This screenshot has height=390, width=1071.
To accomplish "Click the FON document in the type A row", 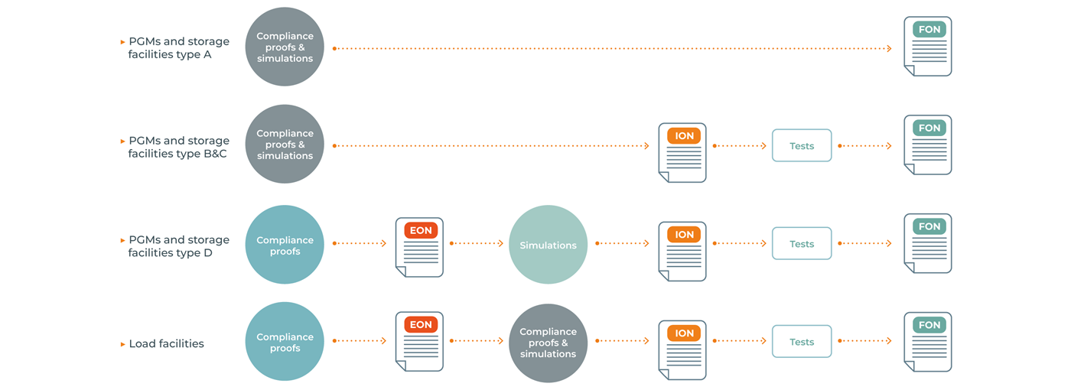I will (928, 47).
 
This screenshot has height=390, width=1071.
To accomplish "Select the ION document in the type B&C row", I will (682, 153).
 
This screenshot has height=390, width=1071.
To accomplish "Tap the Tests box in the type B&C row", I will (802, 145).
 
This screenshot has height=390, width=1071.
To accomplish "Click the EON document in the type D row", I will (419, 247).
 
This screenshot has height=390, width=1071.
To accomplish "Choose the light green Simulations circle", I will (548, 245).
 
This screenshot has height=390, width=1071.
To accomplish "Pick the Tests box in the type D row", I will (802, 244).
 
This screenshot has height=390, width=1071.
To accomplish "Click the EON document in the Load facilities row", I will (419, 342).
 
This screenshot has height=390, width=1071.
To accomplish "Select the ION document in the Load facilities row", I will (682, 350).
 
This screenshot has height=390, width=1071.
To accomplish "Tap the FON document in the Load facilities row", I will (928, 342).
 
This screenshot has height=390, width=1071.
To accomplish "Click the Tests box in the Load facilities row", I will (802, 342).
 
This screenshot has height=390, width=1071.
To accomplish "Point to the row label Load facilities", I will (166, 344).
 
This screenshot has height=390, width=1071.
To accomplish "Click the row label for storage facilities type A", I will (178, 48).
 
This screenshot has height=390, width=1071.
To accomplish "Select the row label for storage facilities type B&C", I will (178, 147).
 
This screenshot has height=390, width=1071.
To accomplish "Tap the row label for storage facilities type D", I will (178, 246).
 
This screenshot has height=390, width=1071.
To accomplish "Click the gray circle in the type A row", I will (285, 47).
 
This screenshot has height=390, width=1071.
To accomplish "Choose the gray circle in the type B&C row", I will (285, 145).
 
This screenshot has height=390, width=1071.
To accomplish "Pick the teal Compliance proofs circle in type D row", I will (285, 245).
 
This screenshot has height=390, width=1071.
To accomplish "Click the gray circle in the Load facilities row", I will (548, 343).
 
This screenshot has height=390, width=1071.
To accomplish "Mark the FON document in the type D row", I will (928, 244).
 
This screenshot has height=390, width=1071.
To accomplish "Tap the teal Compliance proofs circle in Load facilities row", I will (285, 342).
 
